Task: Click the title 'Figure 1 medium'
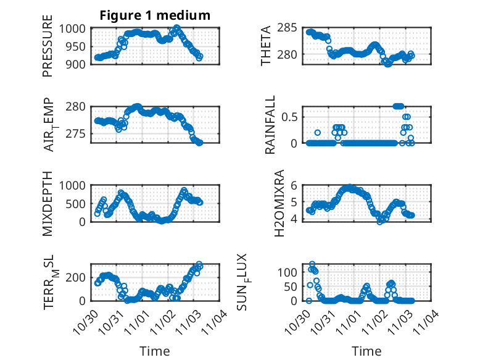tap(155, 15)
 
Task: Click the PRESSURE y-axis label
tap(48, 51)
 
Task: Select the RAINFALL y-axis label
tap(270, 128)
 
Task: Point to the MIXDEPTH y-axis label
tap(48, 203)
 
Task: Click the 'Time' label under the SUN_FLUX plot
tap(366, 351)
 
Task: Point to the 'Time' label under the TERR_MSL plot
tap(154, 351)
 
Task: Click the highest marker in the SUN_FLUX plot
tap(312, 264)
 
